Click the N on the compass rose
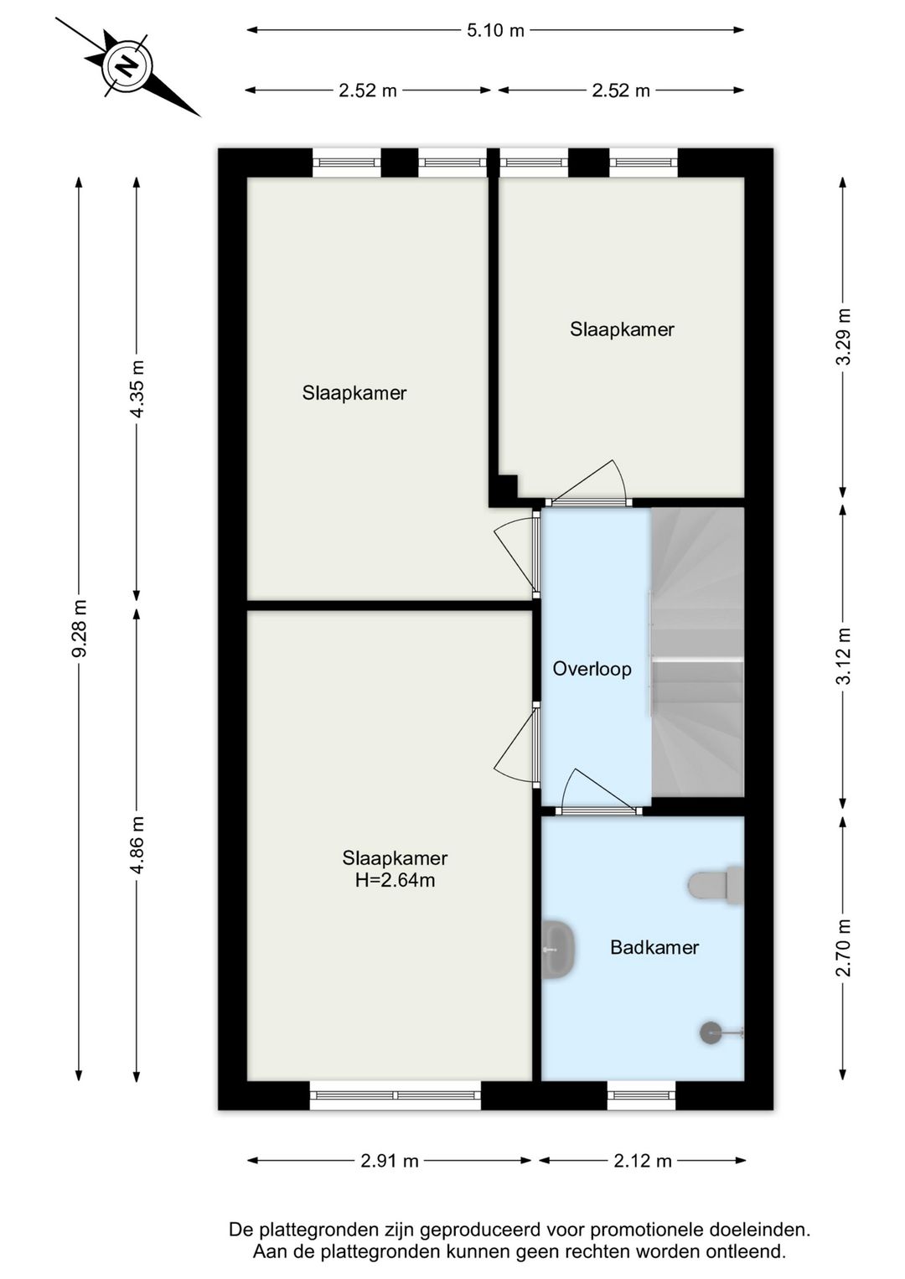127,65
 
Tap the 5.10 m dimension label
495,30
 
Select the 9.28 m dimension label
79,628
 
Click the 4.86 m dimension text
137,845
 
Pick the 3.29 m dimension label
844,337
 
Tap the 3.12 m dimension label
844,655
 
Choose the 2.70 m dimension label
844,948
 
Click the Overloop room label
592,669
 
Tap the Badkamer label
654,948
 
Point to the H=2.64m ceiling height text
396,880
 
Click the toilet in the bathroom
716,886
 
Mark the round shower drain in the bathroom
711,1033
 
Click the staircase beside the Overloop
697,652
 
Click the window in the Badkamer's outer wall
641,1095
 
